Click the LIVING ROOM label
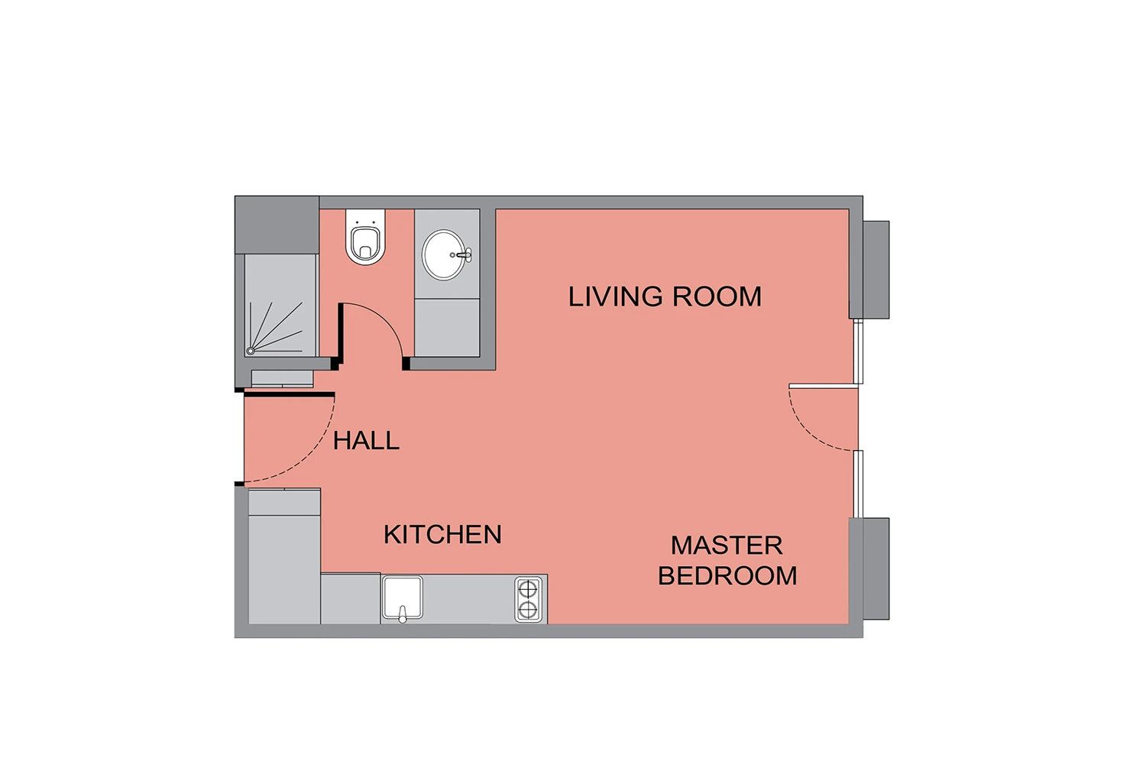point(665,296)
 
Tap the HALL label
point(366,441)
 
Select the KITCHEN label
point(442,535)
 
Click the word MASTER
point(727,545)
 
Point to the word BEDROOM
point(727,576)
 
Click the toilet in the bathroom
point(365,237)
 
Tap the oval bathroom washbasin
point(444,255)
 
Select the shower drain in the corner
point(251,351)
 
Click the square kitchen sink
point(403,597)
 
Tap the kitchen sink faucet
point(403,614)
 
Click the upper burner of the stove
point(528,590)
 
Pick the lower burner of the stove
point(528,610)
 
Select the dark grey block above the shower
point(277,225)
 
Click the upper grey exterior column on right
point(876,270)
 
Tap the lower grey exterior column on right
point(876,568)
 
